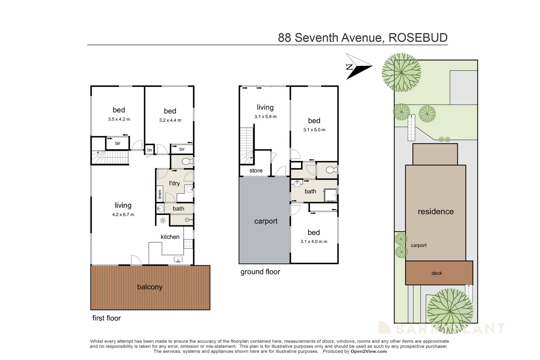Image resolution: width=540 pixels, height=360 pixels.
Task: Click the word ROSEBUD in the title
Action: point(418,37)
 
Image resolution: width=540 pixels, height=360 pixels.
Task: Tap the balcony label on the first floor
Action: point(150,287)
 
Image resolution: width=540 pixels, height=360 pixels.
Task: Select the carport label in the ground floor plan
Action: point(266,221)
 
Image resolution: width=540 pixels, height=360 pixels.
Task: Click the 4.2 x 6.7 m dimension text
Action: point(123,215)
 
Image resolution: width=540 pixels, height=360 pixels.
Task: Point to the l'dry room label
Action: point(174,183)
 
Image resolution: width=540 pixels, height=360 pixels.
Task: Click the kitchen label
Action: point(170,237)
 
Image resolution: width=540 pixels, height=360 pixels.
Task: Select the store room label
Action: point(256,171)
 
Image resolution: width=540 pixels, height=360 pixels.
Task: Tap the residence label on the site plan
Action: point(435,212)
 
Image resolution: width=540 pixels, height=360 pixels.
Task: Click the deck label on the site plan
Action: point(436,273)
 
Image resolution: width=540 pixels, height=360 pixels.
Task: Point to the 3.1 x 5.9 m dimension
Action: point(265,117)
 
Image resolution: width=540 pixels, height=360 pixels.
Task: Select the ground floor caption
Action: point(260,272)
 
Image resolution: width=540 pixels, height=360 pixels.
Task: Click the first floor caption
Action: point(106,318)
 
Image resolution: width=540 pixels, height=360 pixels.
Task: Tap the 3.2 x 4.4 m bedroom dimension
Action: point(170,120)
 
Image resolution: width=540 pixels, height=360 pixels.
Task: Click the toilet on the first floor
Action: point(187,162)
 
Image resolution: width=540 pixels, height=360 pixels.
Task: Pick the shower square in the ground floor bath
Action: point(330,195)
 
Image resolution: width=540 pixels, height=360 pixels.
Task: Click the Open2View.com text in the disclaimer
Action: point(369,351)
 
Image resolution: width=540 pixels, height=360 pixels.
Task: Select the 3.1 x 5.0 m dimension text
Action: point(314,130)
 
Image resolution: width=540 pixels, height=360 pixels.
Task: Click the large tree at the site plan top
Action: point(401,72)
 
